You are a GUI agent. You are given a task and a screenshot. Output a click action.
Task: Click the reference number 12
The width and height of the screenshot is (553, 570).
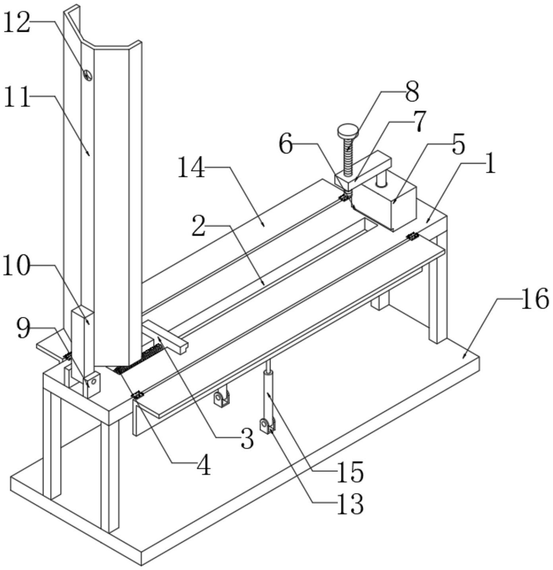tap(17, 23)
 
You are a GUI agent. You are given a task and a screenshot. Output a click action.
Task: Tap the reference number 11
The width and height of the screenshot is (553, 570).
tap(17, 97)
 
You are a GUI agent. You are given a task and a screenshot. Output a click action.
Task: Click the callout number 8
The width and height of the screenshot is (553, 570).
tap(412, 92)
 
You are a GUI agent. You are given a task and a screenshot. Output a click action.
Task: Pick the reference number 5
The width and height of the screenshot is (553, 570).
tap(458, 146)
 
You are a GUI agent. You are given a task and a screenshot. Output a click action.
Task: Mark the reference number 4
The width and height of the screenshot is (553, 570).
tap(204, 465)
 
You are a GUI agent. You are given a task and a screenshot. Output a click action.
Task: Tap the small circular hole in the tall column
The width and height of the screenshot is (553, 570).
tap(88, 74)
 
